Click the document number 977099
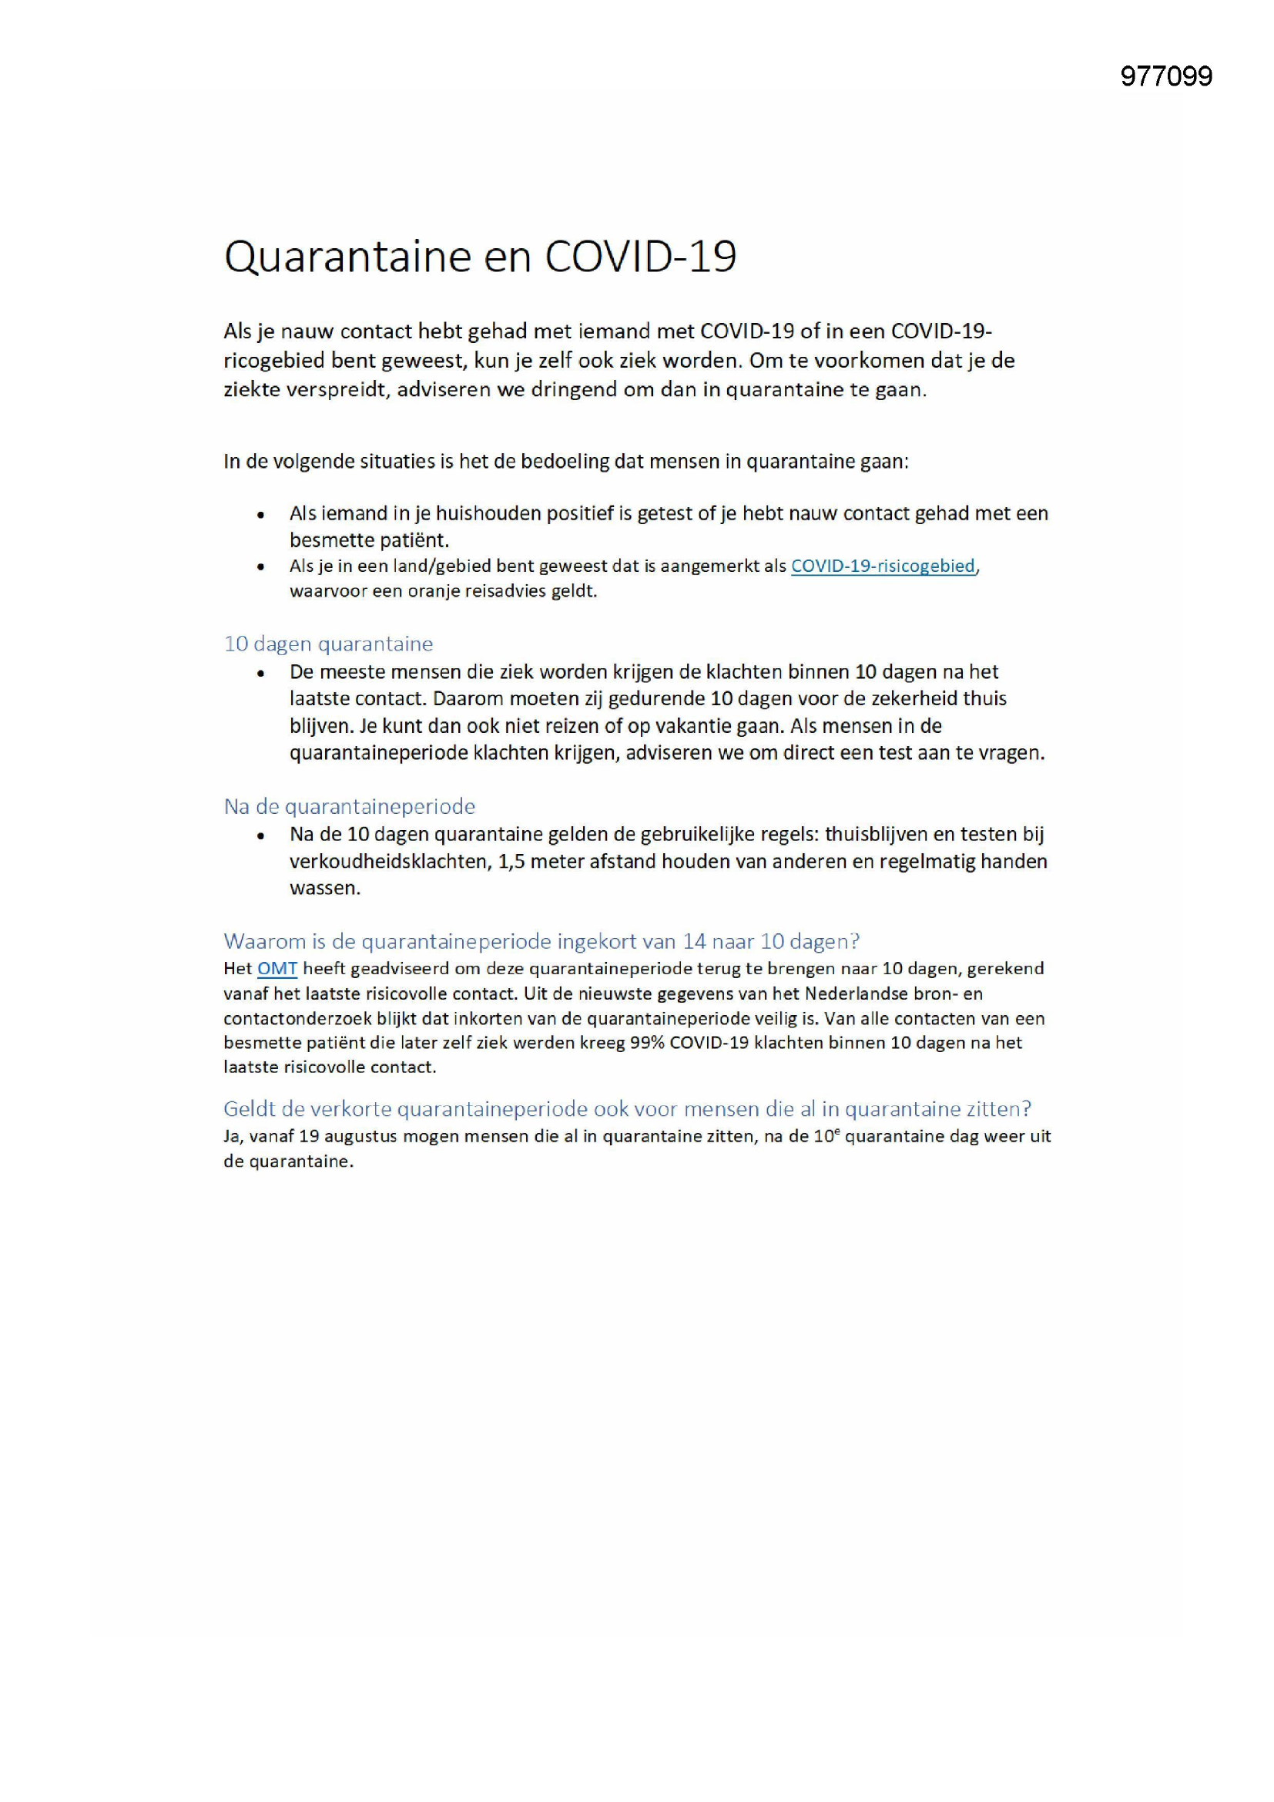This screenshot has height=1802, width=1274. (1165, 76)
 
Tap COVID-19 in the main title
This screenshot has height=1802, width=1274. (640, 257)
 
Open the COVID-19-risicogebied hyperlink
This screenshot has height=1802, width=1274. (883, 566)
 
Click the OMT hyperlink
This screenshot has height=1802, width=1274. (277, 969)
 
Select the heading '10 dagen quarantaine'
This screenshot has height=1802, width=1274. (328, 644)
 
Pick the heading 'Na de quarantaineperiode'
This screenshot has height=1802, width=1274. (349, 806)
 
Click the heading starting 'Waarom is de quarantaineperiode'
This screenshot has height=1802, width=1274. (541, 940)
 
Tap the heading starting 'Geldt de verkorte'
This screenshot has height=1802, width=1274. (627, 1108)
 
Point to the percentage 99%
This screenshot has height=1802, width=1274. (647, 1042)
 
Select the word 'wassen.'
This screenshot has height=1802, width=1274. (325, 889)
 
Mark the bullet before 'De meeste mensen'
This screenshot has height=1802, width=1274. (260, 674)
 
